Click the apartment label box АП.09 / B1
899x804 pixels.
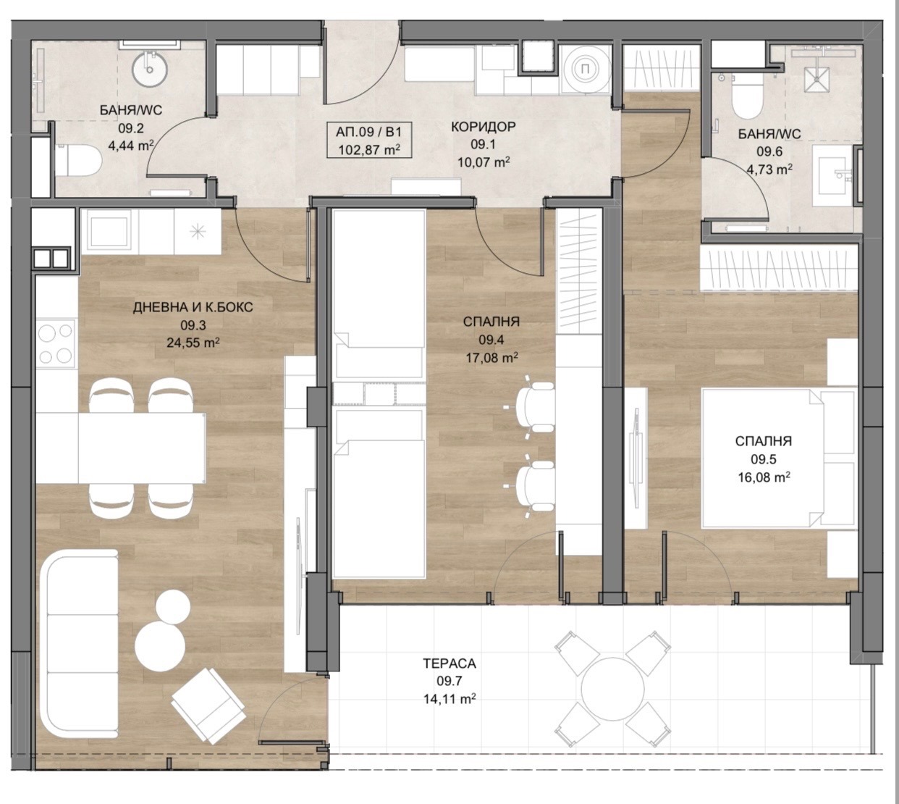click(368, 140)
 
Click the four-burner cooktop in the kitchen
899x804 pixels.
click(56, 343)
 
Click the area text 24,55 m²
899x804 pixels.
click(193, 343)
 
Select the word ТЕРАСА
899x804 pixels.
click(449, 663)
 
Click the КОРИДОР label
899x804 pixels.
click(484, 127)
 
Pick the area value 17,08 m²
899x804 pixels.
click(491, 357)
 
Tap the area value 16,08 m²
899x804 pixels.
click(763, 477)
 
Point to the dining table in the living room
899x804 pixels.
click(121, 448)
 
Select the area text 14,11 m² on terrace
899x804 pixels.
click(449, 699)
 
